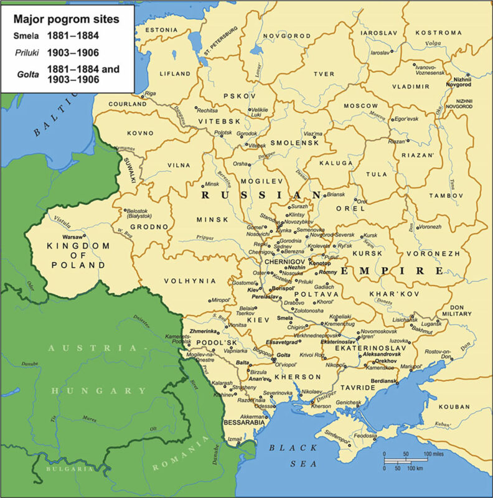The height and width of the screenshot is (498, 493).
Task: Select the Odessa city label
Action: [263, 405]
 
